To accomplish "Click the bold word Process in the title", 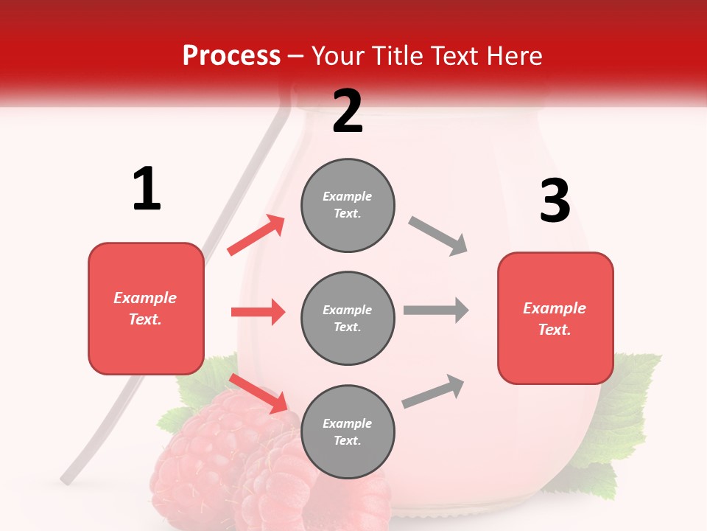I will [231, 56].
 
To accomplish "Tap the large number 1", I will [147, 189].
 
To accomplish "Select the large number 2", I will [348, 111].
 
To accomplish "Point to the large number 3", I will [555, 201].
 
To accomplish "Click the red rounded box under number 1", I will [146, 308].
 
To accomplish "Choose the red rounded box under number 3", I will [555, 319].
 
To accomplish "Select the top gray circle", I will [348, 205].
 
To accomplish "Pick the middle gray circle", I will [348, 319].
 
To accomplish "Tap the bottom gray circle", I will [348, 432].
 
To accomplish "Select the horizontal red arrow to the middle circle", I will [258, 312].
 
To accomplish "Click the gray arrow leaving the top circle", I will [438, 236].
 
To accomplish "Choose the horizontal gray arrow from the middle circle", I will [435, 310].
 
